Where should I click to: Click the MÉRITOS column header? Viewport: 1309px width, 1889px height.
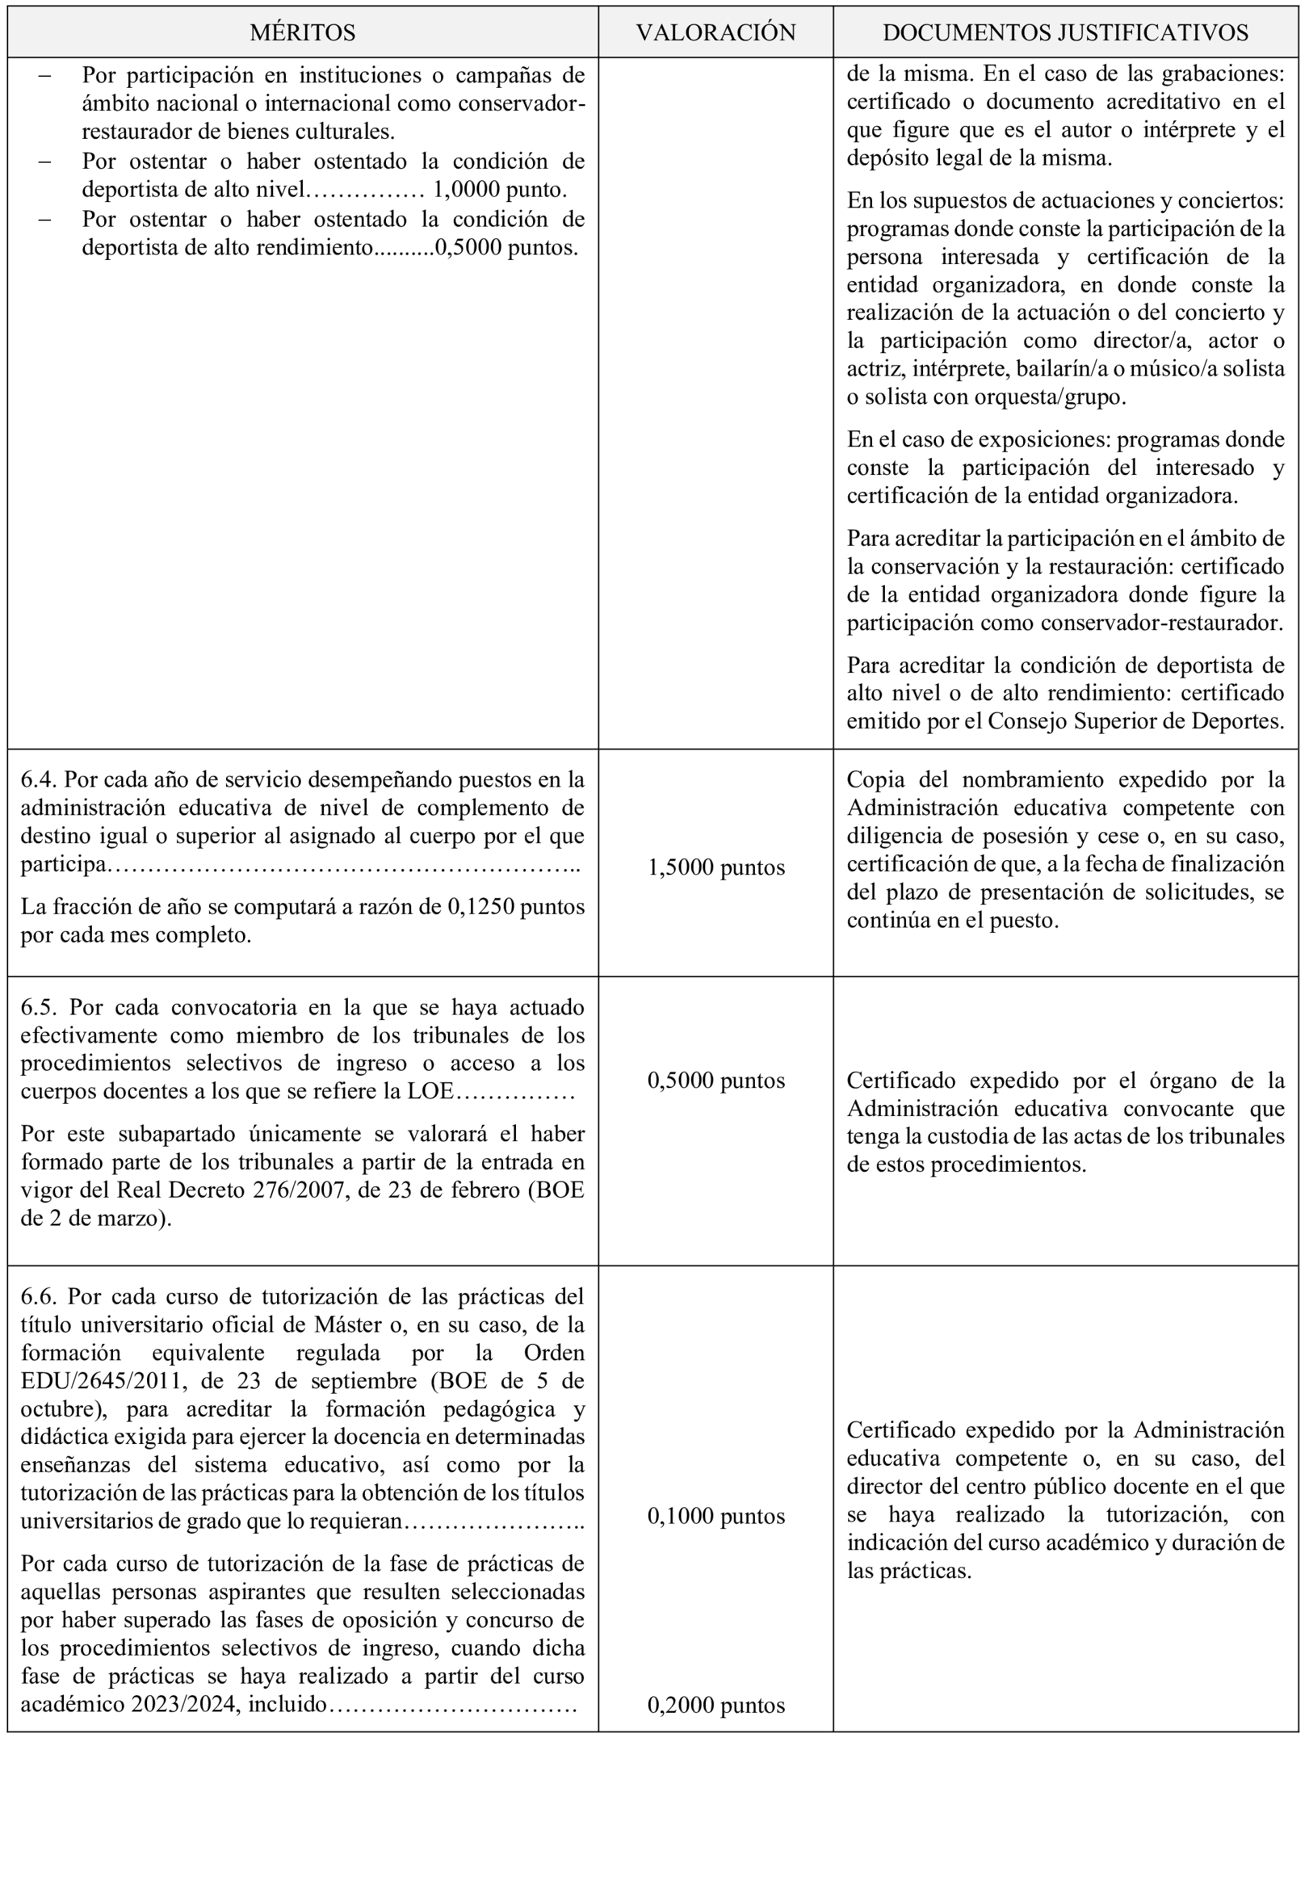[x=303, y=33]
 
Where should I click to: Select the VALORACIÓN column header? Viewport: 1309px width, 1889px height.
[x=715, y=33]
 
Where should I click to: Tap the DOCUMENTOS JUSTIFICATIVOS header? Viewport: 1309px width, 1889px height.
[x=1065, y=33]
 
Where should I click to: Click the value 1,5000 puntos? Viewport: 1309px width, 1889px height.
[x=716, y=868]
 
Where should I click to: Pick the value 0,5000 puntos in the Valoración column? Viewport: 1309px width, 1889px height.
[x=716, y=1081]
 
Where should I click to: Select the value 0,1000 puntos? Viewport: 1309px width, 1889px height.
[x=716, y=1516]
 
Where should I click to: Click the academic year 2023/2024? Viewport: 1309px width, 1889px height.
[x=184, y=1705]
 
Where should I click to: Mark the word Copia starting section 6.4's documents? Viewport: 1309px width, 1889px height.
[x=876, y=780]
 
